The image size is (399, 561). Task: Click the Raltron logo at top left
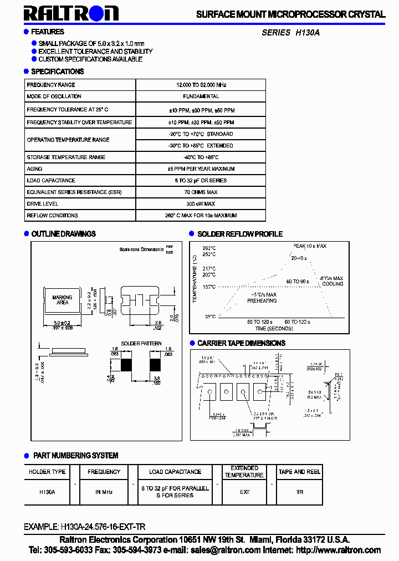click(x=71, y=13)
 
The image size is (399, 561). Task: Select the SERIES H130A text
click(x=290, y=33)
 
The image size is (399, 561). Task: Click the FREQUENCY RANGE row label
click(x=51, y=85)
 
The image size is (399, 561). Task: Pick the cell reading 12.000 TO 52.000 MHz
click(x=201, y=85)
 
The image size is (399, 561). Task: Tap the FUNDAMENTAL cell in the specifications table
click(x=201, y=96)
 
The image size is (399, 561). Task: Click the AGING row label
click(x=34, y=169)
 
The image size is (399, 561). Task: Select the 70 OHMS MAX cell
click(x=201, y=192)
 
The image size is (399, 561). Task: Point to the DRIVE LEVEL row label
click(x=42, y=203)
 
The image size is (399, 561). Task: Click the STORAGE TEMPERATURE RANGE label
click(x=66, y=157)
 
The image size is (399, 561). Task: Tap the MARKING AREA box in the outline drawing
click(x=62, y=300)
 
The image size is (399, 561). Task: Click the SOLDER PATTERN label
click(x=141, y=344)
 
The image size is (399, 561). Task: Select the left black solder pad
click(x=126, y=365)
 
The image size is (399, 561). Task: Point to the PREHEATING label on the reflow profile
click(x=262, y=300)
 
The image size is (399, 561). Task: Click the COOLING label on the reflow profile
click(x=332, y=284)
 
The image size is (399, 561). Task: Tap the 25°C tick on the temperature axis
click(x=210, y=317)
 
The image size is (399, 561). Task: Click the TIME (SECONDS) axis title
click(x=273, y=328)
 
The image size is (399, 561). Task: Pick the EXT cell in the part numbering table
click(x=244, y=492)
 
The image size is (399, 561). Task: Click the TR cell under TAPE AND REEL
click(x=300, y=492)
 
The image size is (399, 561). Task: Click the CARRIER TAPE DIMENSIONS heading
click(x=241, y=343)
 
